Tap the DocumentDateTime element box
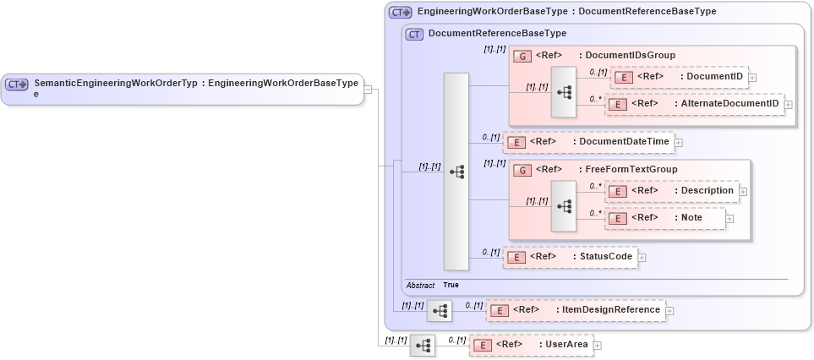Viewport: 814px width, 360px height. [589, 142]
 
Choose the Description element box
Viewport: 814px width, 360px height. [672, 191]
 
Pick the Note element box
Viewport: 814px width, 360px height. [665, 218]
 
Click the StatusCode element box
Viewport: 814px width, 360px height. [571, 257]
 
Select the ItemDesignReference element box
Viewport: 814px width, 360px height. [576, 310]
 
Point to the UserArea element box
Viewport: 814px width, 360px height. [531, 345]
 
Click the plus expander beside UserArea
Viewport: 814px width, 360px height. [598, 345]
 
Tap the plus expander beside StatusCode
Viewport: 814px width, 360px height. [642, 257]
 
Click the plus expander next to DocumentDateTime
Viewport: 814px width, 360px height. [679, 142]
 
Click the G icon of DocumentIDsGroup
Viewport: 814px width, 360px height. [522, 56]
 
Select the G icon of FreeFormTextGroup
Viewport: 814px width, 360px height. [522, 170]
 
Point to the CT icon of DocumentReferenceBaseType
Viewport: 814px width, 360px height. [414, 35]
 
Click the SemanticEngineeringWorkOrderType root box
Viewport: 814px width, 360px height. [182, 88]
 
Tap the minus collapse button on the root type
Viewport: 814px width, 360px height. [369, 89]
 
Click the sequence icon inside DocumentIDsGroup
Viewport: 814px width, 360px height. [564, 90]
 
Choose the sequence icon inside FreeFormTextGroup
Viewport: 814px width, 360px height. [564, 205]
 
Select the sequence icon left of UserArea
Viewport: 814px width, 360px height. [423, 345]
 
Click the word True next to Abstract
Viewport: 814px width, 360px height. [451, 286]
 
